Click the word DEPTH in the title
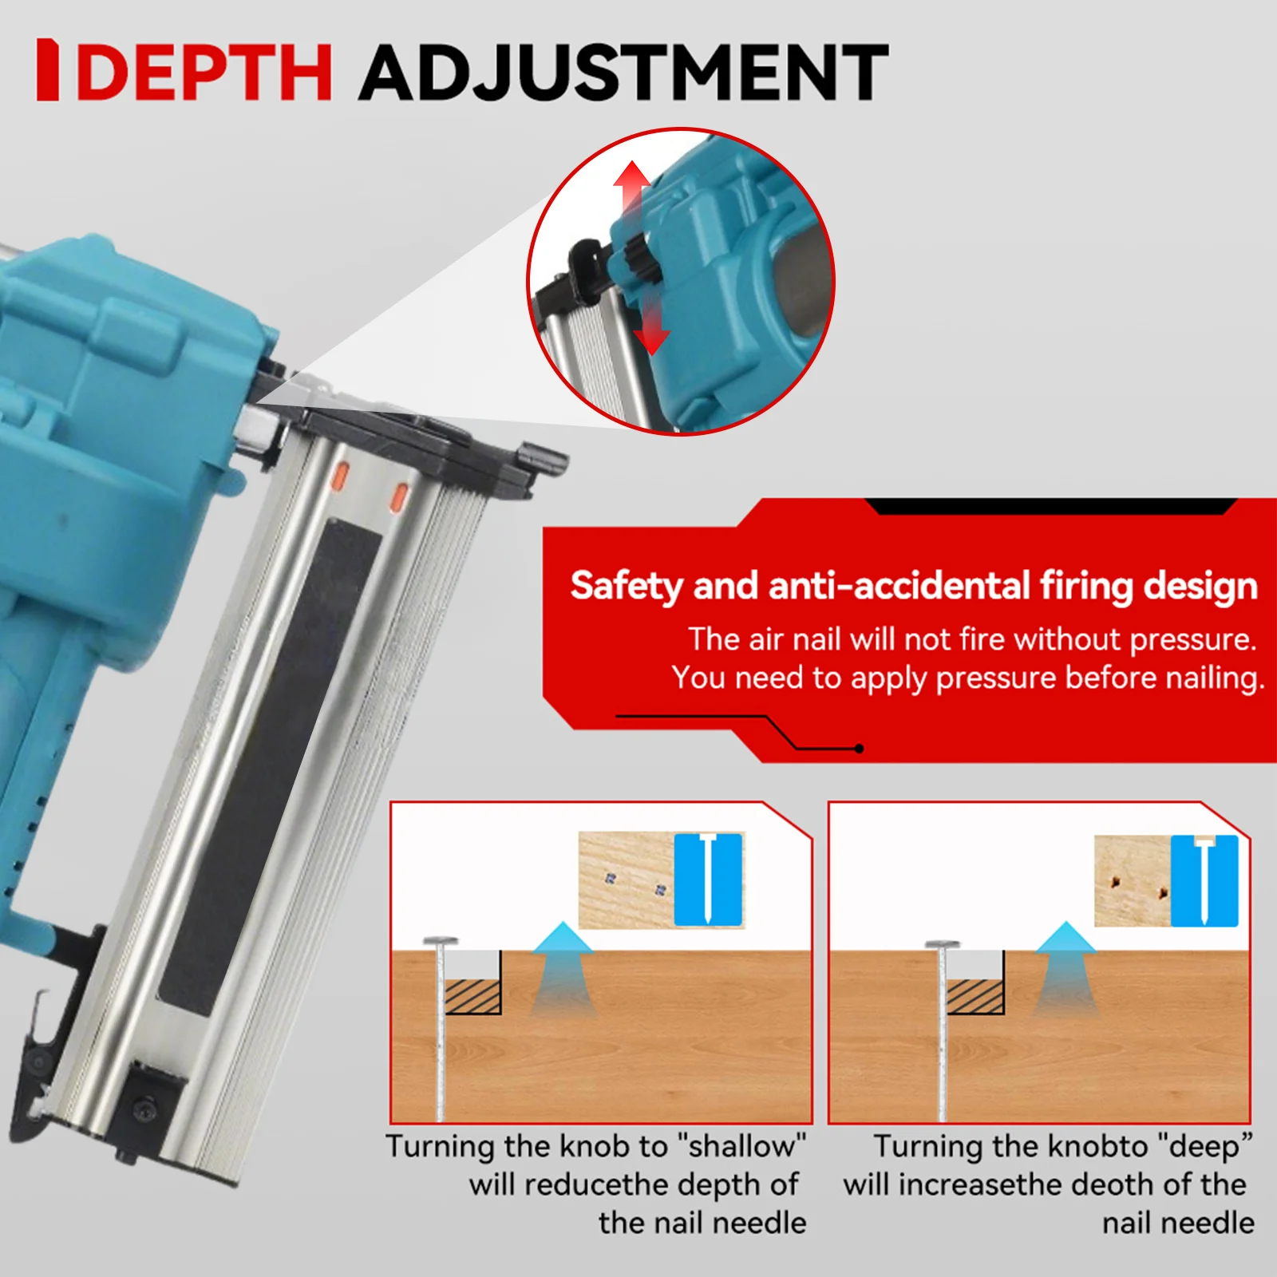[204, 72]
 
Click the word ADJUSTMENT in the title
[623, 72]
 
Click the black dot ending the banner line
[859, 749]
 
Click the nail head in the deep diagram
[943, 945]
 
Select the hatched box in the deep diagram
[975, 997]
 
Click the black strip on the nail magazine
[271, 766]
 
